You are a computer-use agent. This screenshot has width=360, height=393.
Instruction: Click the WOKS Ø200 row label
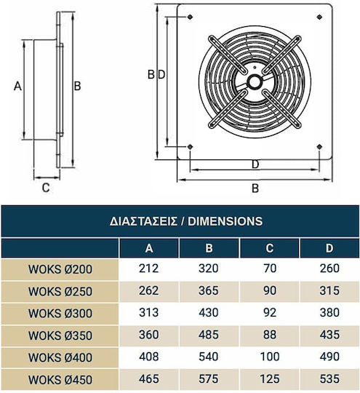coord(60,269)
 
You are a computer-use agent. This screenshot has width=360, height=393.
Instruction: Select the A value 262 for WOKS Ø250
coord(149,290)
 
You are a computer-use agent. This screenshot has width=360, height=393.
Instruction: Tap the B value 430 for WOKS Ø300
coord(209,312)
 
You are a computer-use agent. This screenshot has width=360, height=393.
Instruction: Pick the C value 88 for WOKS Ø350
coord(270,335)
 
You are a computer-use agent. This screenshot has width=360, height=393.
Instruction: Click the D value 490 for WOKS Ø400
coord(329,357)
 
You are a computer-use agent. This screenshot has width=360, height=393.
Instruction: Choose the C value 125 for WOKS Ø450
coord(270,378)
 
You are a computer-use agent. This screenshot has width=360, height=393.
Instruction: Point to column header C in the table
coord(270,248)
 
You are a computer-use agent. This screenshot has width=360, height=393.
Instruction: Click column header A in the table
coord(149,248)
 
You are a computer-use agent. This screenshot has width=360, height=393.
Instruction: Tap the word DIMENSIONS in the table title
coord(225,221)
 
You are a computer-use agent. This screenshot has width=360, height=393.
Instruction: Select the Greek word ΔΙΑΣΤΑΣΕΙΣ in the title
coord(143,221)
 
